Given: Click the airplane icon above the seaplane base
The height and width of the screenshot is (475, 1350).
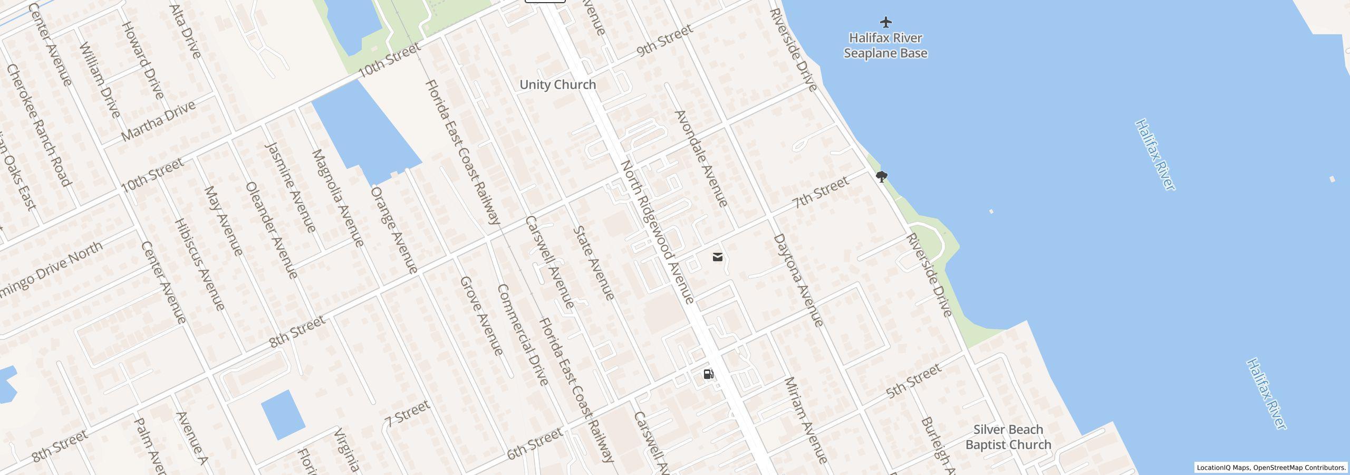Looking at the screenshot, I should (886, 22).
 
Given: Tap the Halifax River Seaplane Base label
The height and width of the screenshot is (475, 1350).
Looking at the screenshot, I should (885, 45).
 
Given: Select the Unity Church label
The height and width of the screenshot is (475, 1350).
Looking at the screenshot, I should (557, 84).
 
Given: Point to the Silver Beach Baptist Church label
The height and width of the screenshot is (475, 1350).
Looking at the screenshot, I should (1008, 437).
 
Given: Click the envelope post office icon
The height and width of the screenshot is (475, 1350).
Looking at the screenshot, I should (717, 257).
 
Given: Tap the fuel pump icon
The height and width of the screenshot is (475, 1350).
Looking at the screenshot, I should (709, 374).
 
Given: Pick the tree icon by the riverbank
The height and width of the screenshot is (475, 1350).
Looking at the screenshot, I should (881, 176).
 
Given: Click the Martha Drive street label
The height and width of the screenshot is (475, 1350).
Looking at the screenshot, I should (158, 120).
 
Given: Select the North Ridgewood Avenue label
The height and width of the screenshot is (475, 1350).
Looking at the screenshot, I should (657, 232).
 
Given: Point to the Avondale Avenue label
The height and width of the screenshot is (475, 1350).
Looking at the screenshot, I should (701, 158).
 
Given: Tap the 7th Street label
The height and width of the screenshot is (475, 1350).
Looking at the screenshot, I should (821, 192).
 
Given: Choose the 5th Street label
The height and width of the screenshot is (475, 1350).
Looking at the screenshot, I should (913, 381).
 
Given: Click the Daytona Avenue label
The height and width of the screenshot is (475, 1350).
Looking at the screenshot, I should (798, 280).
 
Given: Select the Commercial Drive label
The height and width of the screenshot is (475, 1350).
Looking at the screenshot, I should (523, 335).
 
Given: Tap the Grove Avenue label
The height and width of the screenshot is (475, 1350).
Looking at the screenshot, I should (481, 316).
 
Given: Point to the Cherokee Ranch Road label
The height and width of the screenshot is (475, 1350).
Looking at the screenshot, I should (38, 125).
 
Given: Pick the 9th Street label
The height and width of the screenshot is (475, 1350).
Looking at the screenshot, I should (664, 41).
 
